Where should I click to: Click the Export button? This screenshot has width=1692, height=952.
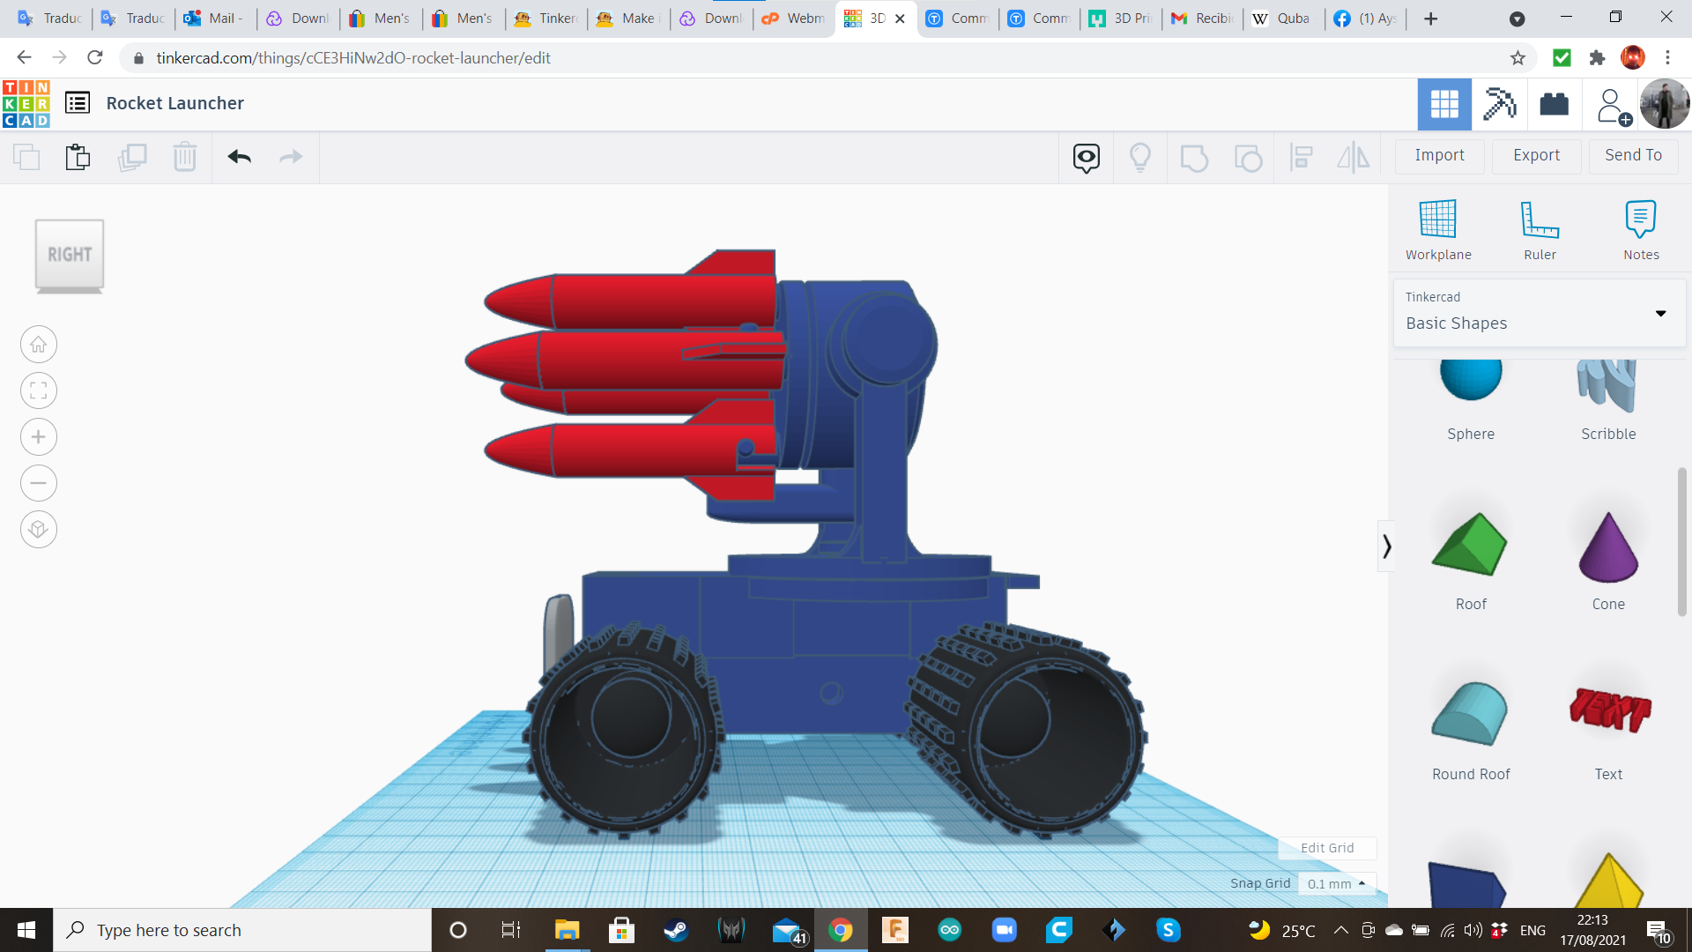1536,155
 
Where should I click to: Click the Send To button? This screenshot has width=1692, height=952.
1633,155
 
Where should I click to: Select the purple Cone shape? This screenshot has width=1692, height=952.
1608,549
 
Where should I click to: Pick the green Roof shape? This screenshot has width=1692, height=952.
1470,546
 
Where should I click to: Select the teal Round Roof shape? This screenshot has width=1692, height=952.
1470,714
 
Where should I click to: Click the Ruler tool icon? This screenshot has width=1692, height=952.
1540,219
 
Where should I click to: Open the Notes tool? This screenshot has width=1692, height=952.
1640,219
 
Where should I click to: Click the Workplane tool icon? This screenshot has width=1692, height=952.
1437,219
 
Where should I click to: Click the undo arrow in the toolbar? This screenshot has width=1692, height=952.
240,157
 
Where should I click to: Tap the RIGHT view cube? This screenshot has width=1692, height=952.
70,255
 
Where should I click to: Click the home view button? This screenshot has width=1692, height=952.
39,345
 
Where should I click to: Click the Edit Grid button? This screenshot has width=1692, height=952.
1326,848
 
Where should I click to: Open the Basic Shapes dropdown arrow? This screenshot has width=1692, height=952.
1660,314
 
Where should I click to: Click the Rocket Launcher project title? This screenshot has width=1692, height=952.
174,103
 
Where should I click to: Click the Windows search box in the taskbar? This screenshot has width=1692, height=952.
242,930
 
